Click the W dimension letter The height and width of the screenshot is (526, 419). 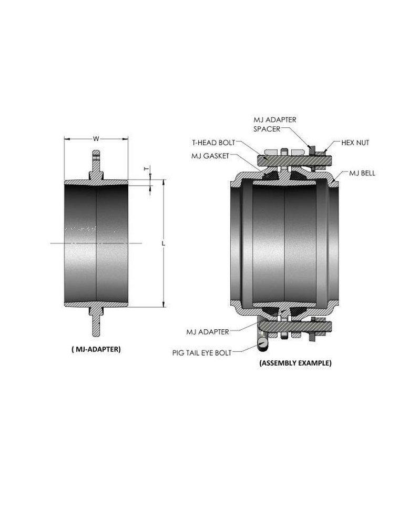point(96,139)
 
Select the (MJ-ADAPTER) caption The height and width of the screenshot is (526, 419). point(95,348)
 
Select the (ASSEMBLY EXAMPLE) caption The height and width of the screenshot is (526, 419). point(295,362)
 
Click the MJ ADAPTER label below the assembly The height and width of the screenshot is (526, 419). point(207,331)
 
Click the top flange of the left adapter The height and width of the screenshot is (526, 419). point(96,163)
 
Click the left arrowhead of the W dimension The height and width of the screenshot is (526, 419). point(66,139)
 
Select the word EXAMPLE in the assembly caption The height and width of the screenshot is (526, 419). point(314,362)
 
